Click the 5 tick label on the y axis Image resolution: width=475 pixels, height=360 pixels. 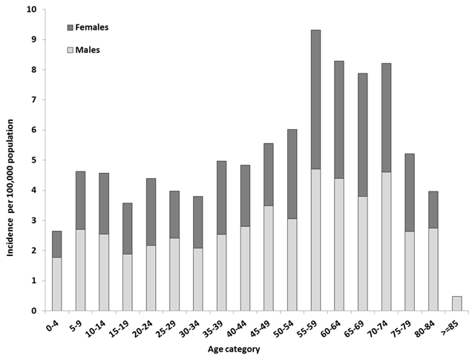pos(35,160)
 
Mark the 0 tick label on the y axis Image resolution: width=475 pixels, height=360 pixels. pos(35,311)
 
